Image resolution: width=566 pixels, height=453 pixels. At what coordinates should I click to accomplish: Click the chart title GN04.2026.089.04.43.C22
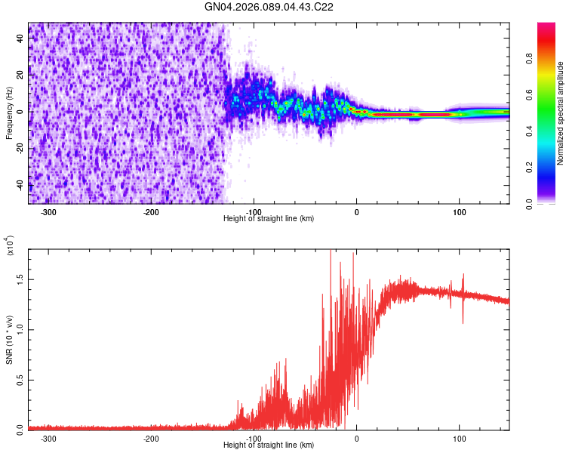[269, 7]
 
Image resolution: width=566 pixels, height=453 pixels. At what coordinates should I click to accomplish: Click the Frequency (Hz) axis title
[9, 113]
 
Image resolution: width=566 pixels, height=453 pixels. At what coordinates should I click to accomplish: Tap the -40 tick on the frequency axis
[20, 185]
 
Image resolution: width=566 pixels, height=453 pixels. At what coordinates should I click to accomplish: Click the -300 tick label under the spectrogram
[48, 212]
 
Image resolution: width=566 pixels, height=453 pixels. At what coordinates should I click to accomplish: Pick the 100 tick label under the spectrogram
[459, 212]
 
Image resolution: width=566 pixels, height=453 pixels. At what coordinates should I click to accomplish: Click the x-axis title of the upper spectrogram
[269, 219]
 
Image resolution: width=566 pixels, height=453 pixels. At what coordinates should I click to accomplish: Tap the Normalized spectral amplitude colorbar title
[560, 113]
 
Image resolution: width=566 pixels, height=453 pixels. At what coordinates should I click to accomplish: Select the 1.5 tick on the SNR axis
[20, 279]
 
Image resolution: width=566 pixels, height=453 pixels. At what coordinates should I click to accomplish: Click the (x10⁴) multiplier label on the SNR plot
[11, 247]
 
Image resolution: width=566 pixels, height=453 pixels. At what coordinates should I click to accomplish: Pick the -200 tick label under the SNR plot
[151, 438]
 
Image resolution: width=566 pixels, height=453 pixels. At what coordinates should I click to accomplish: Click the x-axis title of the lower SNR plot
[269, 445]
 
